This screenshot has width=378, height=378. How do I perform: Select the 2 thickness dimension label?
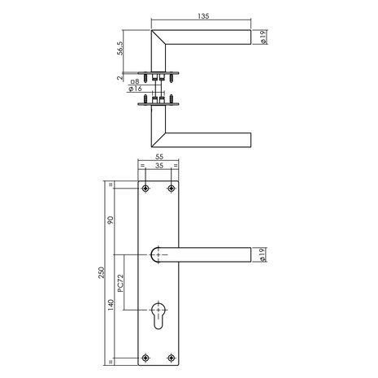(120, 80)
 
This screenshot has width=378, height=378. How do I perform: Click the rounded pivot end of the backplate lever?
(159, 254)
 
